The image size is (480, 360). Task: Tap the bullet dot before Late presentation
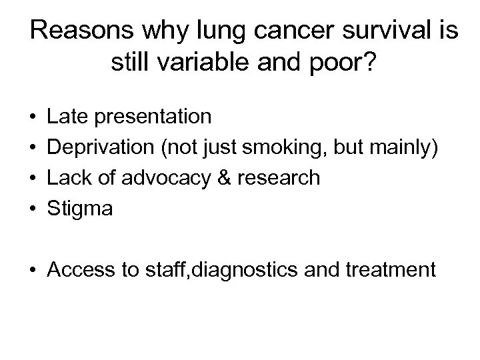[33, 117]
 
